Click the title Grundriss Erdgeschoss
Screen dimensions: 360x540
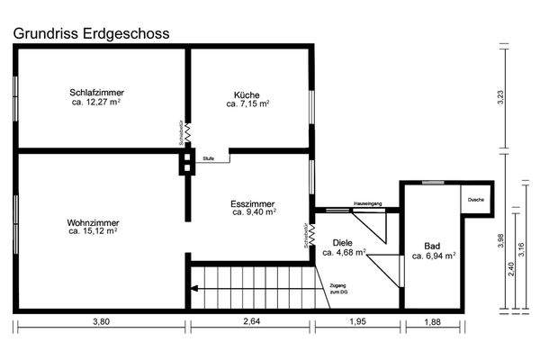coord(90,32)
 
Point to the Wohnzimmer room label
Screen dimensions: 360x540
coord(93,222)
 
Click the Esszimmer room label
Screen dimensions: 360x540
coord(253,204)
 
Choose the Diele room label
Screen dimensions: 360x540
coord(342,242)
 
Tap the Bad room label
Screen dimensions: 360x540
coord(433,245)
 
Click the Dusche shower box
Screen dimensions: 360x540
coord(475,200)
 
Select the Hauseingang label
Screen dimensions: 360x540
coord(368,204)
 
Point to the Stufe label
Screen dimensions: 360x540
coord(208,157)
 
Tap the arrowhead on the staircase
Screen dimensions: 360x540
coord(193,289)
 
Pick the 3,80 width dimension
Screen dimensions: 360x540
coord(100,336)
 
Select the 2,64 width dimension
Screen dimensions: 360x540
coord(251,336)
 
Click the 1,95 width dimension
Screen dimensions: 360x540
coord(357,336)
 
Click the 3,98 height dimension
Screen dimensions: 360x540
coord(500,241)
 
